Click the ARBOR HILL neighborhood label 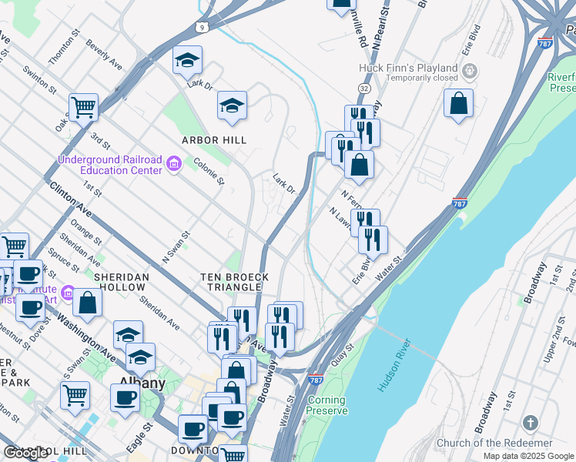(x=214, y=140)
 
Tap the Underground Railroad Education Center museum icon (x=174, y=162)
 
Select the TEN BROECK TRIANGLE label (x=235, y=282)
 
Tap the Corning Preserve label (x=327, y=405)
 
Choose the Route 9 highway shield (x=202, y=27)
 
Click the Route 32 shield (x=364, y=89)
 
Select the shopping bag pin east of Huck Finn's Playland (x=458, y=103)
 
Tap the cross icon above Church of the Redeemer (x=529, y=423)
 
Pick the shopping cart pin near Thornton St (x=83, y=108)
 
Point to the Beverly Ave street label (x=104, y=54)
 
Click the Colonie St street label (x=209, y=172)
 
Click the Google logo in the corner (x=26, y=453)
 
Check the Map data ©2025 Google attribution (x=528, y=456)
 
